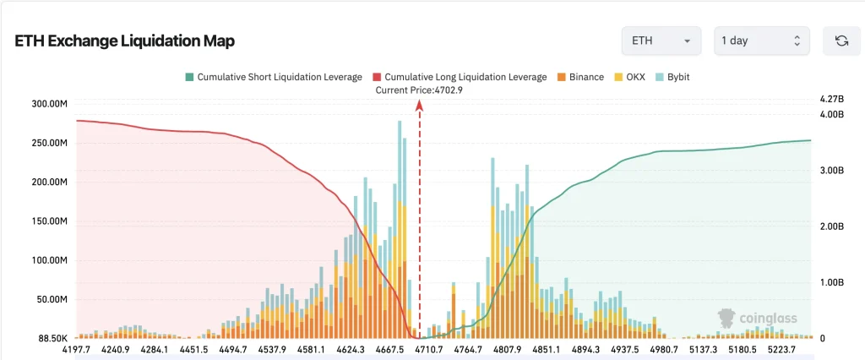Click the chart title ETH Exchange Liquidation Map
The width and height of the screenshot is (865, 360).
pos(125,41)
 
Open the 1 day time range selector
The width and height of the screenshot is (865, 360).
pos(761,41)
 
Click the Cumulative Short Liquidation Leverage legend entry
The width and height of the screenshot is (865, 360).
pos(274,77)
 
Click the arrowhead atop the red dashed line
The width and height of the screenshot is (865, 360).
pos(419,104)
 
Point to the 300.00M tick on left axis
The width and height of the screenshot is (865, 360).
pos(51,104)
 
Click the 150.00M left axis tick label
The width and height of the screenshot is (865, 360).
pos(51,221)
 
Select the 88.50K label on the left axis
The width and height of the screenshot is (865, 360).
pos(53,338)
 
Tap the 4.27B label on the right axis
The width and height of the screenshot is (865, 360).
pos(833,100)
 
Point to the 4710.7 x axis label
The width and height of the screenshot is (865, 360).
pos(429,349)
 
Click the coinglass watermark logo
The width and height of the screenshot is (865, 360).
pos(757,318)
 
